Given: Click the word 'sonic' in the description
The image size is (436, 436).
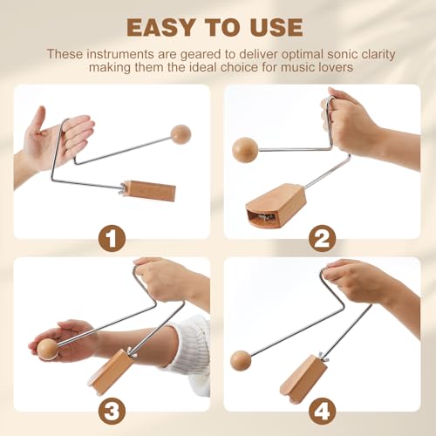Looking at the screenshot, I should [317, 53].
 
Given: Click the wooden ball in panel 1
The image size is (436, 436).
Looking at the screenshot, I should [181, 133].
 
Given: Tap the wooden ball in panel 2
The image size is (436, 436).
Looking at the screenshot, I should [245, 149].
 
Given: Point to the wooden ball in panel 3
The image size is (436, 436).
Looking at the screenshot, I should [47, 349].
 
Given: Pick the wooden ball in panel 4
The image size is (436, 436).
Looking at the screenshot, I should [242, 359].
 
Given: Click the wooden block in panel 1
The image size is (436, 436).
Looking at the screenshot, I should [148, 190].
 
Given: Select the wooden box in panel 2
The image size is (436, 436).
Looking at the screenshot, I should [275, 205].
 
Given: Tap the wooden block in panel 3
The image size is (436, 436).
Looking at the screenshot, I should [111, 371].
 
